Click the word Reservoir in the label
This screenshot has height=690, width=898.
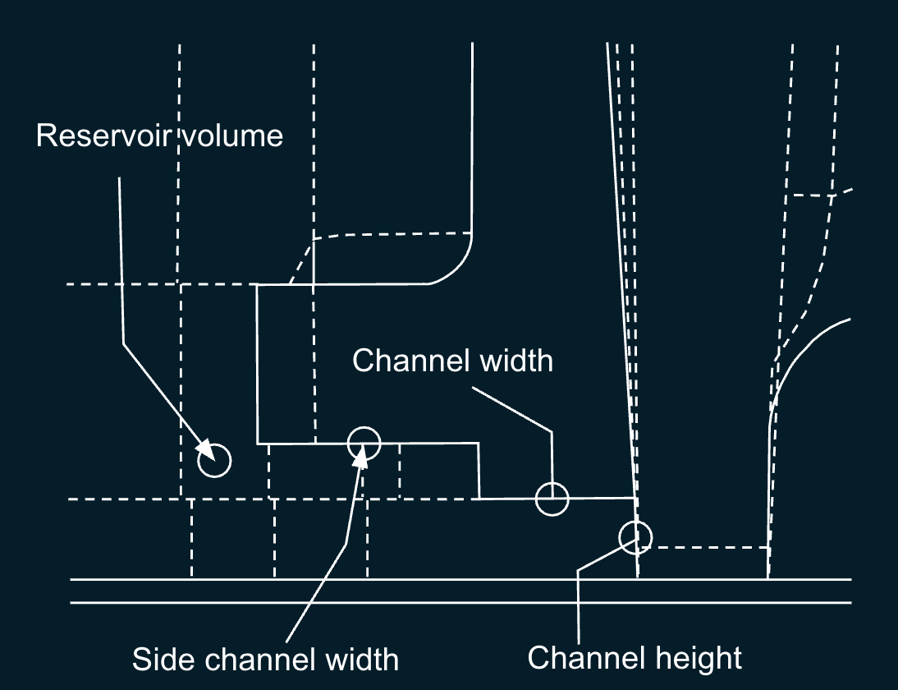click(x=99, y=135)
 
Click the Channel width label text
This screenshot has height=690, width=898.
click(x=452, y=360)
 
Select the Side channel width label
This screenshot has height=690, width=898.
click(x=265, y=659)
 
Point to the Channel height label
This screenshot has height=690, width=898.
click(x=634, y=657)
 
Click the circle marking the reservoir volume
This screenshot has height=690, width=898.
click(x=215, y=461)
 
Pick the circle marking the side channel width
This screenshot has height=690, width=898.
click(x=364, y=444)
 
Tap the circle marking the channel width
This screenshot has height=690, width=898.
click(x=552, y=499)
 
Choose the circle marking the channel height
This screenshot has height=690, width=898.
click(x=635, y=536)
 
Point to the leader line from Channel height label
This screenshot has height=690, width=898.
click(x=580, y=608)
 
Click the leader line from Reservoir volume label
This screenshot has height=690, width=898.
click(x=122, y=271)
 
